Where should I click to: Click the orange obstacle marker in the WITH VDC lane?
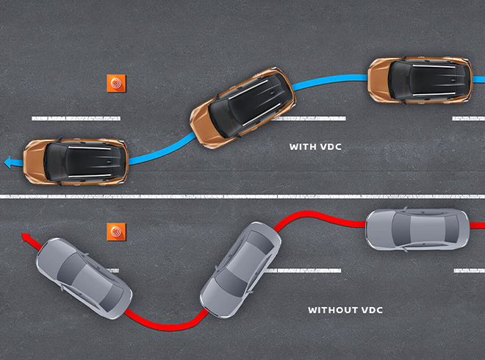pyautogui.click(x=116, y=82)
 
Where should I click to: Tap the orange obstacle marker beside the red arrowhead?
pyautogui.click(x=116, y=231)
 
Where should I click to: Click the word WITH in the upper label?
pyautogui.click(x=301, y=147)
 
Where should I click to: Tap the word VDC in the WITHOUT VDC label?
pyautogui.click(x=371, y=310)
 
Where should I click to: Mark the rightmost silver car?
pyautogui.click(x=417, y=228)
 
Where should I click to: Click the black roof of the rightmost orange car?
pyautogui.click(x=423, y=79)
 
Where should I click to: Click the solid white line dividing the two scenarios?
pyautogui.click(x=242, y=196)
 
